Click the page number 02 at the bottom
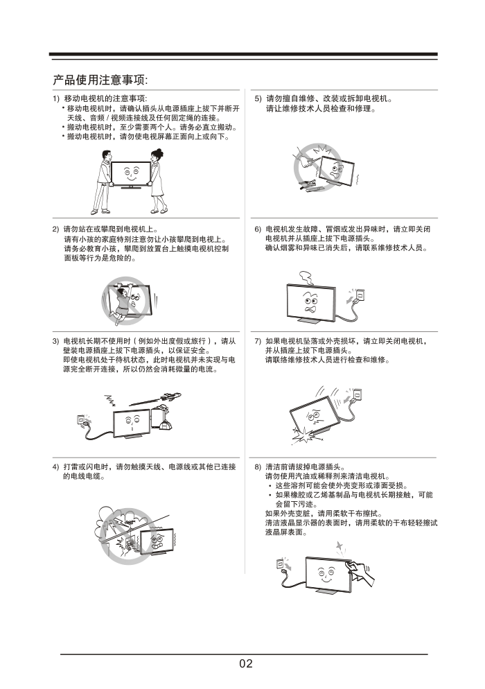245,663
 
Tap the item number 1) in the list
56,99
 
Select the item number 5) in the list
258,99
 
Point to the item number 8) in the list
258,467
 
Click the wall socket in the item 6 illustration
360,295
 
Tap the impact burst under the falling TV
303,436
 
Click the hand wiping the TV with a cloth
360,570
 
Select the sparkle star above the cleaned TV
339,547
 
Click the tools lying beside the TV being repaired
312,185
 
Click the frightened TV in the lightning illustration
157,542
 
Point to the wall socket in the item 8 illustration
281,564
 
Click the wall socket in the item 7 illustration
358,395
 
